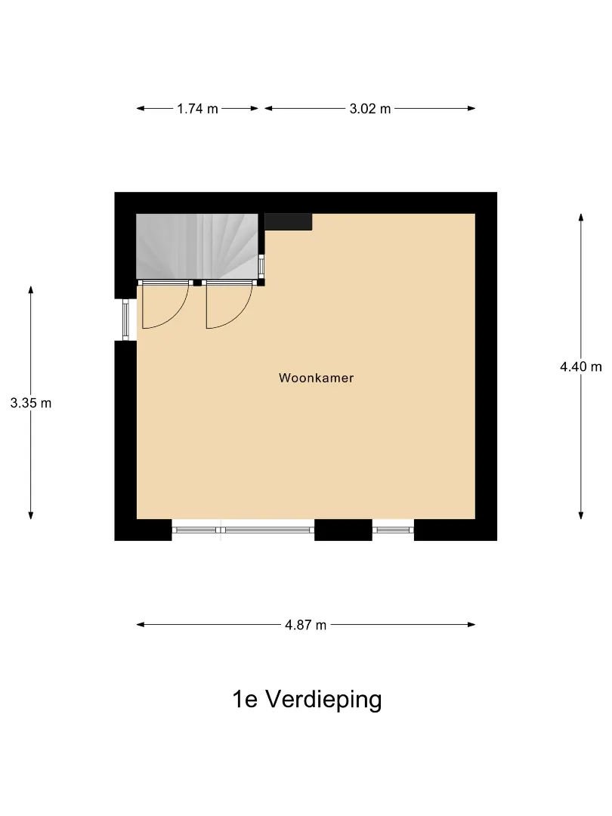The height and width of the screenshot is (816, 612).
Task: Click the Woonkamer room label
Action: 316,378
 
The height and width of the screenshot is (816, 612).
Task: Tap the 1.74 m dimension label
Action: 197,109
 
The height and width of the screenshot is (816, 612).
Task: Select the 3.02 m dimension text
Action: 370,109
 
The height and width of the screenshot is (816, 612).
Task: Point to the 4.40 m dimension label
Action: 581,367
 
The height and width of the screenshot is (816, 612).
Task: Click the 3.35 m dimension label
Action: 31,403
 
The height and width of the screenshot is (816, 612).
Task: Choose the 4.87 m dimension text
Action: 305,625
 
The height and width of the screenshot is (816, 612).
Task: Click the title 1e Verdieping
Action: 307,700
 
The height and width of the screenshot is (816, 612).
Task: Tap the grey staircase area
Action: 197,246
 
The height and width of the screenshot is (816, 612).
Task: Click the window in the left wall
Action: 125,319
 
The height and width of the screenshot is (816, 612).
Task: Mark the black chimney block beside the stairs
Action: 288,221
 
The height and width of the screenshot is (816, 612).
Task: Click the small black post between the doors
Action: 197,283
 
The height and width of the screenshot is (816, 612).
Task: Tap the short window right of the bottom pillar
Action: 393,530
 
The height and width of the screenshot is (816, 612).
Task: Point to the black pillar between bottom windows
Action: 343,530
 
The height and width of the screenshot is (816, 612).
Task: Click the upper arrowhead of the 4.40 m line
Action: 581,218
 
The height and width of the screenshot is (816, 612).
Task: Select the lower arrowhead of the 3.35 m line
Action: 31,515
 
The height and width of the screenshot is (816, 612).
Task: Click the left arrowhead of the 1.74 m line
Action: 141,108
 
